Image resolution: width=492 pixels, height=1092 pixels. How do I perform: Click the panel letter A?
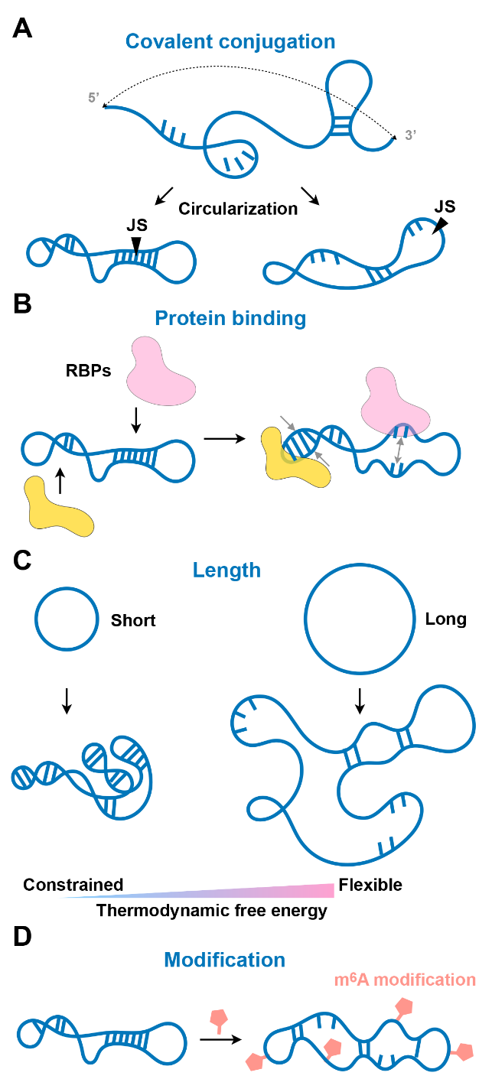pos(22,30)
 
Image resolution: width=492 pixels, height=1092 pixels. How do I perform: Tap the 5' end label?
pos(94,98)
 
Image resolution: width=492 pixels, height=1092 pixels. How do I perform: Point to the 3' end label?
pos(410,135)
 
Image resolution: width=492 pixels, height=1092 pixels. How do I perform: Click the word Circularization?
pos(237,208)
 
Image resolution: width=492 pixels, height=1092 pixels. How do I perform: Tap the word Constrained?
pos(73,885)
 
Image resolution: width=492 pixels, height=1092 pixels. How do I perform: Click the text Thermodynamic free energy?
pos(211,910)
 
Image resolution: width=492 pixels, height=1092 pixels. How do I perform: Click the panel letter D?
pos(22,938)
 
